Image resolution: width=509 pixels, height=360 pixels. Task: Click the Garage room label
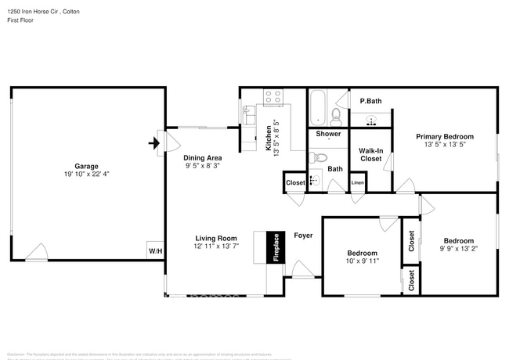(x=86, y=166)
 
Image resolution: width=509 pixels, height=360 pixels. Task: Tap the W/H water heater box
(x=154, y=250)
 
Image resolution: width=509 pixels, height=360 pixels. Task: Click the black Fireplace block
(x=276, y=247)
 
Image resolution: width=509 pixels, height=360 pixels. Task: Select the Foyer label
(x=304, y=235)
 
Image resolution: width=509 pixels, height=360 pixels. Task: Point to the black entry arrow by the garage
(x=154, y=143)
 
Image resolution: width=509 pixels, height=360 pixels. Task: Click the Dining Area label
(x=203, y=157)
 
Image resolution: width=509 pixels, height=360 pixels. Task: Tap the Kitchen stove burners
(x=273, y=98)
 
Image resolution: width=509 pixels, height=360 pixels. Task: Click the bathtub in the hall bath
(x=317, y=108)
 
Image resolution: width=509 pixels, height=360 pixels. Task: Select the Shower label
(x=328, y=134)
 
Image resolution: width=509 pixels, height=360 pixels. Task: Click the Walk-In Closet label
(x=370, y=154)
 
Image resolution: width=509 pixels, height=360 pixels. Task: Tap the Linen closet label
(x=357, y=183)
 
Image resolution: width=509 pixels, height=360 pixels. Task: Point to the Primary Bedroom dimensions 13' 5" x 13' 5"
(x=444, y=145)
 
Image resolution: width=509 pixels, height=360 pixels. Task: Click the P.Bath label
(x=370, y=102)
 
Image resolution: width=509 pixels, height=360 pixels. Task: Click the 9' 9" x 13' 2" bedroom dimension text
(x=458, y=250)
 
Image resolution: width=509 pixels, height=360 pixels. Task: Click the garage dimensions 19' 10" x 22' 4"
(x=86, y=175)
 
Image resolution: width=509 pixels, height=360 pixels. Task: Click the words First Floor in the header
(x=20, y=21)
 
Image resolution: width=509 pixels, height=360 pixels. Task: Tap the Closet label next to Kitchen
(x=295, y=183)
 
